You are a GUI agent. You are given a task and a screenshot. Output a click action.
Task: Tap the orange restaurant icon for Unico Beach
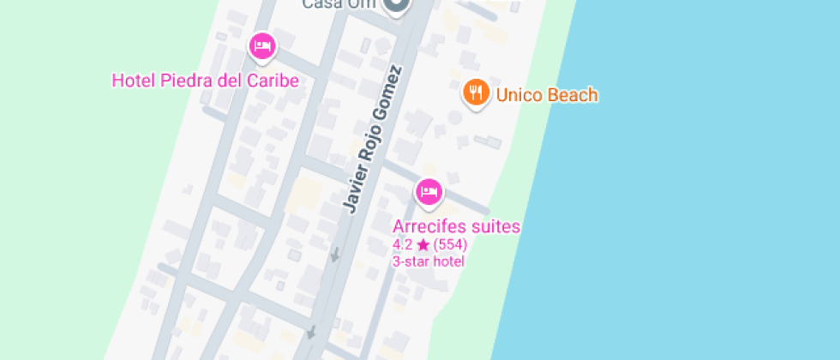point(476,92)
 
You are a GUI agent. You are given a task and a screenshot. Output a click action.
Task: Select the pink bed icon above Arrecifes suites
point(429,191)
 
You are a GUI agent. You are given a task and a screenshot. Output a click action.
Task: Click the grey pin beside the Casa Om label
point(395,6)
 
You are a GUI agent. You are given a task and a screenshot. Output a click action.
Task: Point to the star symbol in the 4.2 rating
point(423,245)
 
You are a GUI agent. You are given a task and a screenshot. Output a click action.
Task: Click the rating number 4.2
point(403,245)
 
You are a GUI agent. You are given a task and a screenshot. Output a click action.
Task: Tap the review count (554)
point(450,245)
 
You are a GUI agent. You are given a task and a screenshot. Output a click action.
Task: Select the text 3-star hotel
point(429,261)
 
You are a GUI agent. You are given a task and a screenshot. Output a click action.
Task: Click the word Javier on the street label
point(353,188)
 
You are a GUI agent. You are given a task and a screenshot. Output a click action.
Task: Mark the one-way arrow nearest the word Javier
point(335,254)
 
